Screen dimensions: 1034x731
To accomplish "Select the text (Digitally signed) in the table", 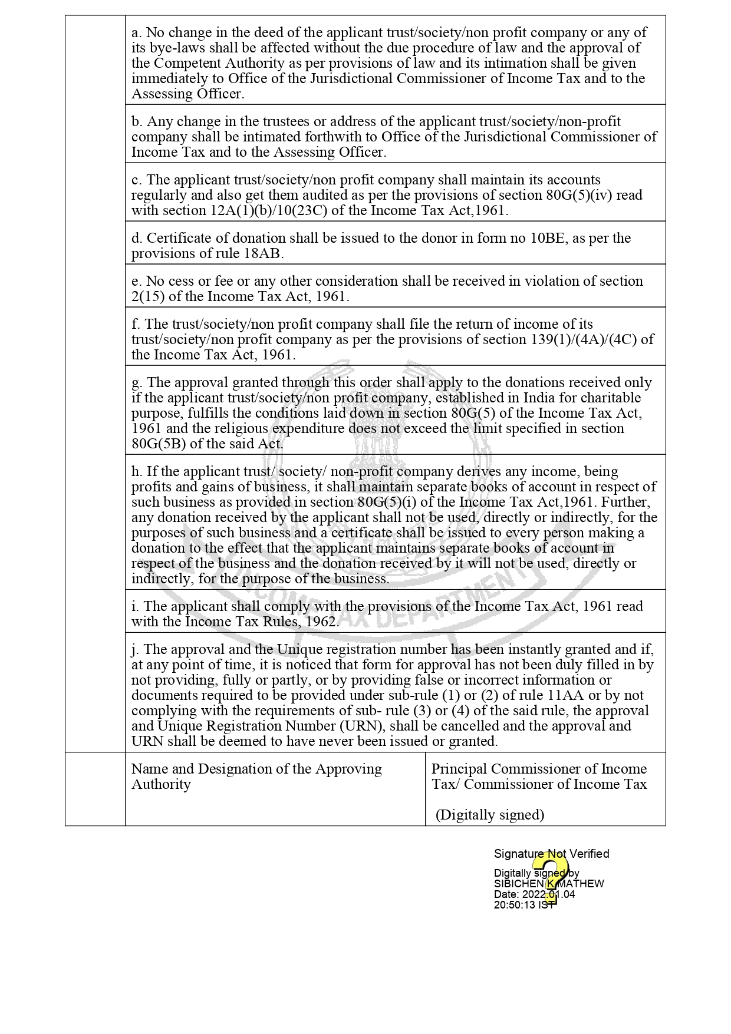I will (x=490, y=815).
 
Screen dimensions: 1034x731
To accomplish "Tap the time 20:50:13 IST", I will (x=524, y=905).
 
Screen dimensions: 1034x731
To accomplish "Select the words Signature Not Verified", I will (x=551, y=854).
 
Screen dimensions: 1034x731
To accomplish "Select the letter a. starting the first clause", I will (x=137, y=32).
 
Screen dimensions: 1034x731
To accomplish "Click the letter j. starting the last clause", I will (x=135, y=649).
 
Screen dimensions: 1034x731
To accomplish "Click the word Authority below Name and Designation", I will (x=161, y=784).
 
